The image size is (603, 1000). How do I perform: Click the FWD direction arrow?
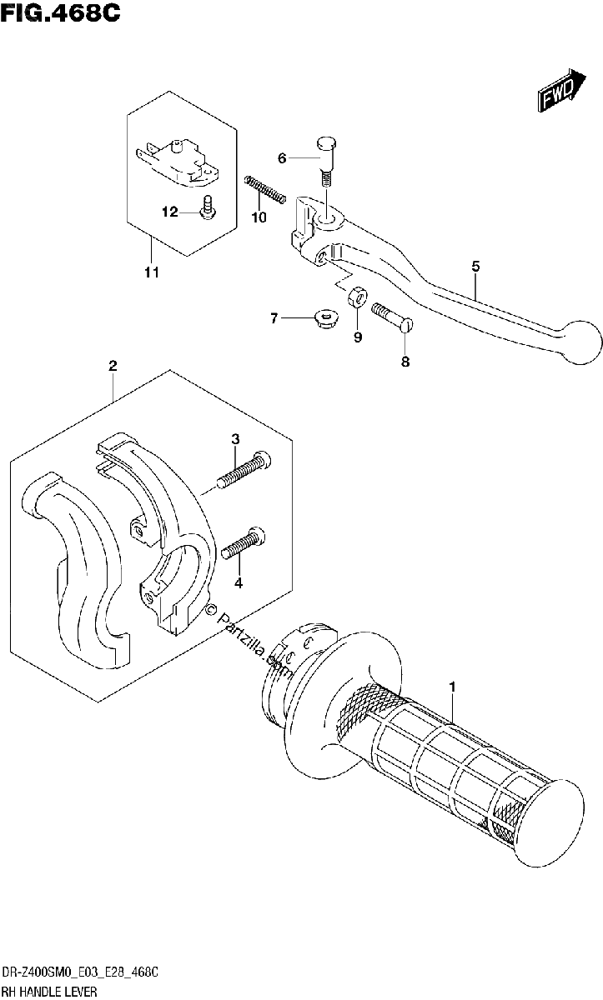pyautogui.click(x=561, y=90)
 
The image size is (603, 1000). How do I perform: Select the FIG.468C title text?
pyautogui.click(x=61, y=12)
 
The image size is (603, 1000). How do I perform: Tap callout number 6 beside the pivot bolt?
pyautogui.click(x=282, y=158)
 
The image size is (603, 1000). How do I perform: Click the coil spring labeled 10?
pyautogui.click(x=265, y=190)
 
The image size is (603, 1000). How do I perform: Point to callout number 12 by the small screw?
pyautogui.click(x=170, y=212)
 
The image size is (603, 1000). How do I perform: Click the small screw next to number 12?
pyautogui.click(x=208, y=208)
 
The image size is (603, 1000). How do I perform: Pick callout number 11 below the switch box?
pyautogui.click(x=152, y=272)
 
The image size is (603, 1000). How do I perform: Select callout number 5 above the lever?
pyautogui.click(x=475, y=267)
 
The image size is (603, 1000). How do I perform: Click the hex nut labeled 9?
pyautogui.click(x=357, y=297)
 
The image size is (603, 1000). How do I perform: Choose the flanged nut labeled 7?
pyautogui.click(x=325, y=320)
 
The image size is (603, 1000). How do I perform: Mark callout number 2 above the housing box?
pyautogui.click(x=113, y=366)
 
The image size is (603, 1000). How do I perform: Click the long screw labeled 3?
pyautogui.click(x=244, y=470)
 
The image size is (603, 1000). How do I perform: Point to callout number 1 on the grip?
pyautogui.click(x=453, y=687)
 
